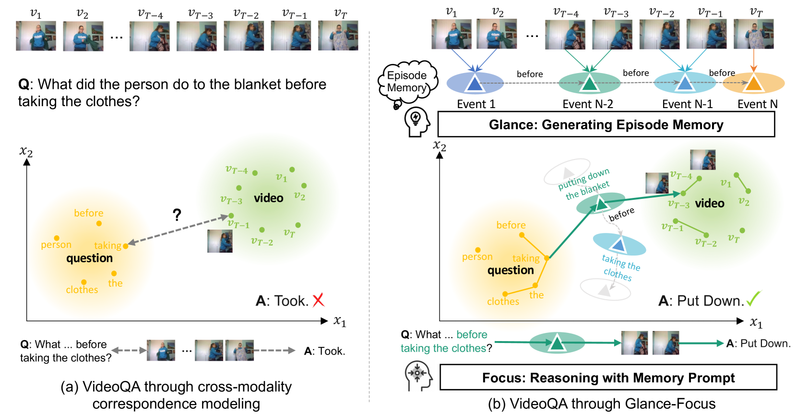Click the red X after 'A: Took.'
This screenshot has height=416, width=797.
point(318,300)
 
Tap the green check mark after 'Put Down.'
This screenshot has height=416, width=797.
point(754,298)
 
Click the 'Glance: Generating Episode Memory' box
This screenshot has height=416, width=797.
point(606,125)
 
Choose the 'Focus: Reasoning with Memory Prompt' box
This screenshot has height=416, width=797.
point(608,378)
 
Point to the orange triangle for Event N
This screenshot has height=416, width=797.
point(754,84)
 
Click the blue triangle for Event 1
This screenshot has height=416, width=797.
point(475,84)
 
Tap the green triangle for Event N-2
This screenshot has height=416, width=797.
point(589,84)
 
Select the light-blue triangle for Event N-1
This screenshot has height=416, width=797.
point(685,84)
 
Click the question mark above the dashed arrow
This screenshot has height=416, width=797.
point(177,215)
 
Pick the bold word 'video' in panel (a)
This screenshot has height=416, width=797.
point(268,198)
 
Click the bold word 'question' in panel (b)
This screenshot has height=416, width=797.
point(511,270)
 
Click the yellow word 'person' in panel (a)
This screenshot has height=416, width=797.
point(56,245)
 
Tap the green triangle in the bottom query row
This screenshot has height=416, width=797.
point(557,343)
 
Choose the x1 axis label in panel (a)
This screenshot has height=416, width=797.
point(340,321)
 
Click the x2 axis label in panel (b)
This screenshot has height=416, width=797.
point(440,146)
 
